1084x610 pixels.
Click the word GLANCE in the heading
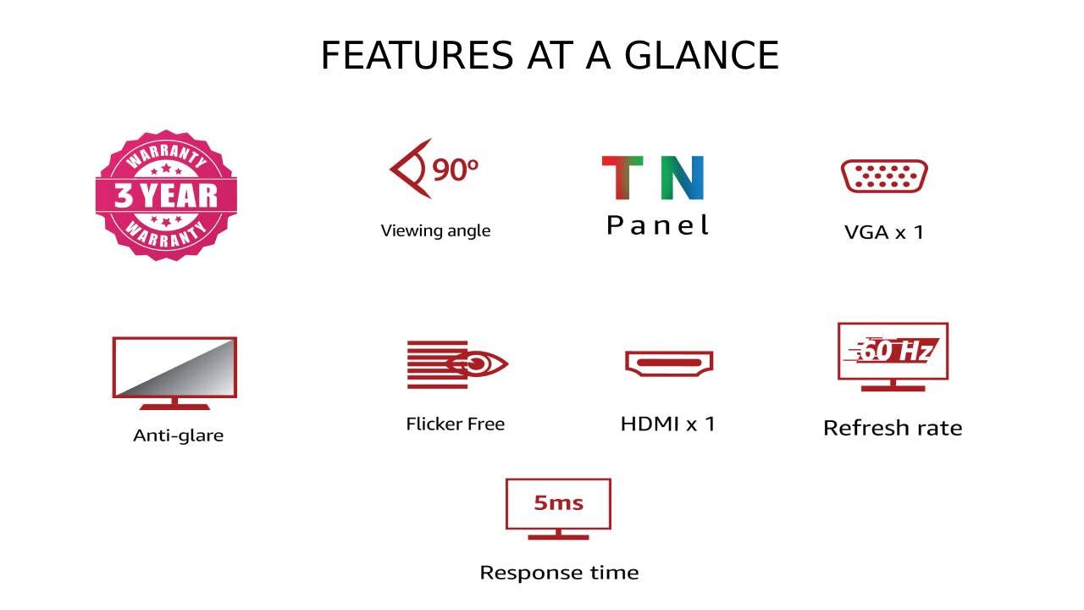(702, 55)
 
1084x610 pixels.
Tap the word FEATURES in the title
(417, 55)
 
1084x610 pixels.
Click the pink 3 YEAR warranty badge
(166, 195)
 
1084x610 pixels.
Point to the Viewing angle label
(435, 230)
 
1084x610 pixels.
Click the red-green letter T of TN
(622, 177)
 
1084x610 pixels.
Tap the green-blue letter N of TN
(683, 177)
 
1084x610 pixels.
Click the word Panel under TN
(658, 225)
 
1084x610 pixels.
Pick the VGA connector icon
(884, 175)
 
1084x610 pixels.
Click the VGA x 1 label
(884, 232)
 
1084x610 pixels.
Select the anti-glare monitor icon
(174, 374)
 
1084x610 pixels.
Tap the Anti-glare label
(178, 435)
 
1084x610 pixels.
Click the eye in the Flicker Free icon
(477, 364)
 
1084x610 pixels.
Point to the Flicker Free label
(456, 424)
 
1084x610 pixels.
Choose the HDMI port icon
(669, 363)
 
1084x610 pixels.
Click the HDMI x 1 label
(668, 424)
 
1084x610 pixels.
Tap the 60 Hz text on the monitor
(896, 351)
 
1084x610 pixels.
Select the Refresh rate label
(893, 428)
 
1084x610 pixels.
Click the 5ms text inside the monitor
(558, 503)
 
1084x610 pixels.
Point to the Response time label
(560, 573)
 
